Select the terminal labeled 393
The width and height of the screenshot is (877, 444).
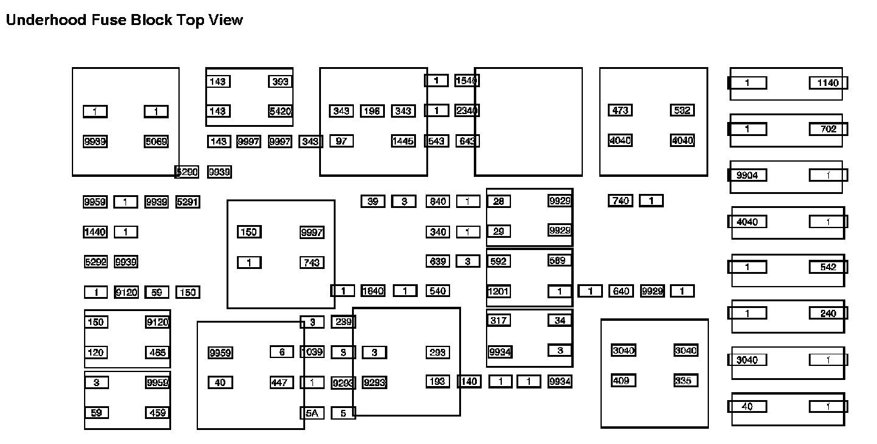[x=280, y=82]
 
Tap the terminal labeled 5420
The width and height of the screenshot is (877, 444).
[x=280, y=111]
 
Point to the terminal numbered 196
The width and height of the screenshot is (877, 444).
[x=372, y=111]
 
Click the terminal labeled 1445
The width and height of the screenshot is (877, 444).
[x=403, y=141]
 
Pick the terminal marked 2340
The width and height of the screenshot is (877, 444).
[x=467, y=110]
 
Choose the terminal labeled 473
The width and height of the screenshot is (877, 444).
[x=620, y=110]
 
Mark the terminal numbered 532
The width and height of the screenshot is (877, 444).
[x=682, y=110]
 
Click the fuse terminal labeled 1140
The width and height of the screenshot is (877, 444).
[x=828, y=83]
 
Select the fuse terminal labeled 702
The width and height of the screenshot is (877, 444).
[x=828, y=129]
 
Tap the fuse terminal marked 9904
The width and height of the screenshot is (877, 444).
[x=747, y=176]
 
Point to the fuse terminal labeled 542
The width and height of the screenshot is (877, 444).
[x=828, y=267]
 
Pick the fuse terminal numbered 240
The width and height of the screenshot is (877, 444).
[x=828, y=313]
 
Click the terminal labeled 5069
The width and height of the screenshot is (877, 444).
[x=157, y=141]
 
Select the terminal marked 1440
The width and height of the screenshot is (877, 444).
[x=95, y=232]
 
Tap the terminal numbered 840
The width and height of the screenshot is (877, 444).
[x=437, y=201]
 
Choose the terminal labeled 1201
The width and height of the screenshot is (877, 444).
[x=498, y=292]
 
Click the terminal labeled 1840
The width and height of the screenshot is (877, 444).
[x=373, y=291]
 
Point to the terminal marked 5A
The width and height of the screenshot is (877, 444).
[x=312, y=413]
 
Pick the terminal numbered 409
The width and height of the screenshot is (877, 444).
[x=624, y=381]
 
